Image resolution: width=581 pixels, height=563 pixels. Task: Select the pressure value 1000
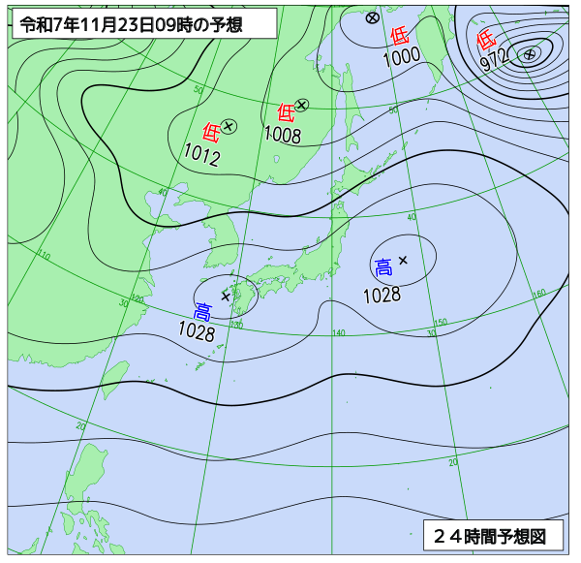point(401,57)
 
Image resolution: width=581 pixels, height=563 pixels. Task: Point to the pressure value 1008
point(283,136)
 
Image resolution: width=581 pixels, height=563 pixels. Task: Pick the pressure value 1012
point(202,155)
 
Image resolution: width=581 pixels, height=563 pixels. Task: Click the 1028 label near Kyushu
point(197,330)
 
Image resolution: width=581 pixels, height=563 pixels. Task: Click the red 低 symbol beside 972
point(486,41)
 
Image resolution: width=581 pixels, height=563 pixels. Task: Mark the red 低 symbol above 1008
point(286,112)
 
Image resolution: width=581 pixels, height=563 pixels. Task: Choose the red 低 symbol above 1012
point(211,132)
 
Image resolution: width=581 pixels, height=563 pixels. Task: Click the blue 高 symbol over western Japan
point(203,311)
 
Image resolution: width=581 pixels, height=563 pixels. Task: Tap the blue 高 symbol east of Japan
point(383,266)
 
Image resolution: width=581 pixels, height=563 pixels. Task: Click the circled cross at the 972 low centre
point(529,54)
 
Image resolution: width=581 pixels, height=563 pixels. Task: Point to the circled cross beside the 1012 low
point(229,125)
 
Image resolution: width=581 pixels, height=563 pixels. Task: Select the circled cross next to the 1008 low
point(302,105)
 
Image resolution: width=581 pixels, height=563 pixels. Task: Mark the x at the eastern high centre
point(403,260)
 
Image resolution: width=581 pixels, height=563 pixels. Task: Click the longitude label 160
point(539,293)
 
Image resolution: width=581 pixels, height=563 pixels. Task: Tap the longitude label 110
point(44,255)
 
